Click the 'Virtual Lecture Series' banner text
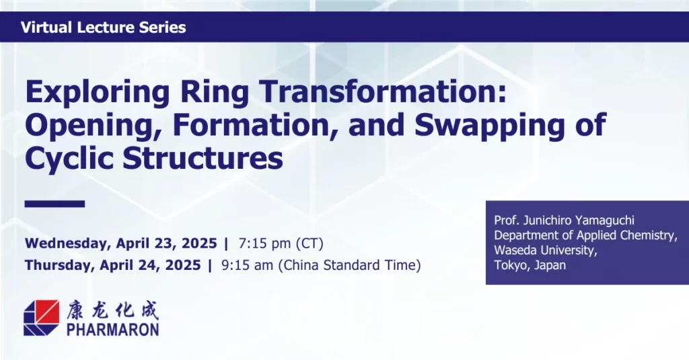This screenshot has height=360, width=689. point(103,28)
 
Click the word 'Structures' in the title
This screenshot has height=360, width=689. point(203,158)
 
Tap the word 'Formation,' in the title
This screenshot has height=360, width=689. point(256,125)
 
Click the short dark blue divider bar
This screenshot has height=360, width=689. point(55,203)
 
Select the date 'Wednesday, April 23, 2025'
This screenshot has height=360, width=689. point(121,244)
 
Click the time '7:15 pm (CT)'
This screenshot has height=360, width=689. point(281,244)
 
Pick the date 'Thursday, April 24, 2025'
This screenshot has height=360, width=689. point(113,266)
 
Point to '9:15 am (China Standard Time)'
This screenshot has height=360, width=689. point(321,266)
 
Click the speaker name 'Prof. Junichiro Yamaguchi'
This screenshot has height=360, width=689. point(565,220)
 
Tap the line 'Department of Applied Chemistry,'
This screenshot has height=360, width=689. point(586,235)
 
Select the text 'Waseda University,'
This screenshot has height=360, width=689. point(546,250)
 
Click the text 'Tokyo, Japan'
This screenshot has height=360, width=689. point(530,265)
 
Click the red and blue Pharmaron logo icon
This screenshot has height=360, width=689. point(41,318)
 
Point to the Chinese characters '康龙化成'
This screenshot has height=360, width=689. point(113,310)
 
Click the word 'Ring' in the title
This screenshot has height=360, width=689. point(215,93)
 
